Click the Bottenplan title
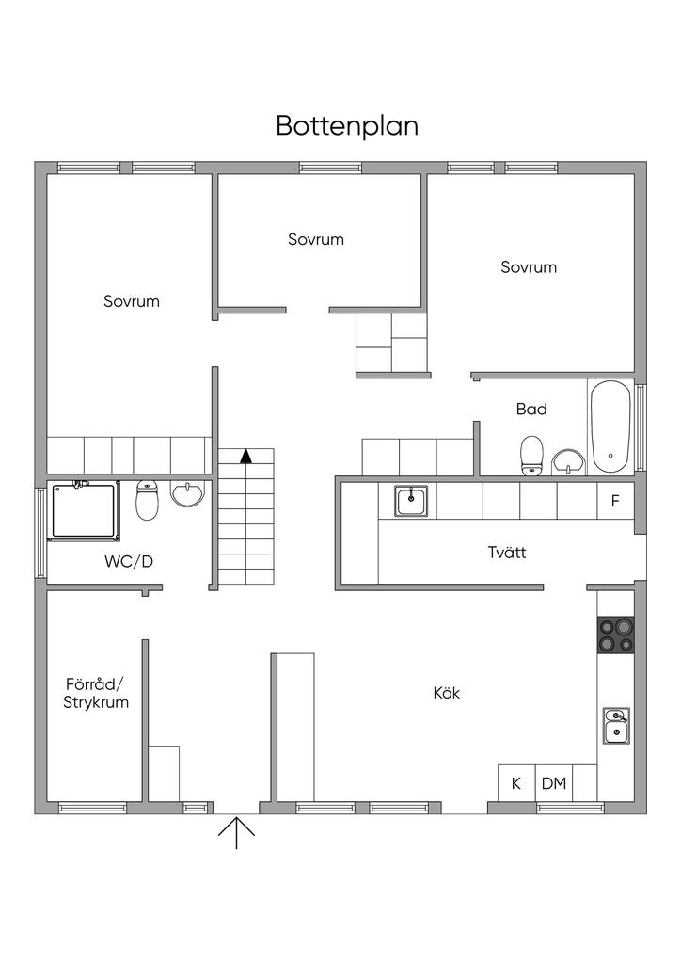(x=347, y=126)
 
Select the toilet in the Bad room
(x=532, y=455)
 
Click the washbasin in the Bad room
(x=568, y=461)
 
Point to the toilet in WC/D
(x=147, y=500)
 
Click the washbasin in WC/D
(x=188, y=494)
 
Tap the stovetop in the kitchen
(x=615, y=635)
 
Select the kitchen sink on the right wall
(x=616, y=725)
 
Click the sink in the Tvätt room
(x=411, y=500)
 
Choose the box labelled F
(x=615, y=501)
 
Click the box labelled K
(x=515, y=782)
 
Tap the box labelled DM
(x=554, y=782)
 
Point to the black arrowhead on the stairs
(x=246, y=457)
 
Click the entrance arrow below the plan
(x=236, y=831)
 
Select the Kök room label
(x=446, y=693)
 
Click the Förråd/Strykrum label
(x=96, y=693)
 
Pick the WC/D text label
(x=129, y=562)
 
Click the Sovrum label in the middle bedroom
(x=316, y=239)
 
